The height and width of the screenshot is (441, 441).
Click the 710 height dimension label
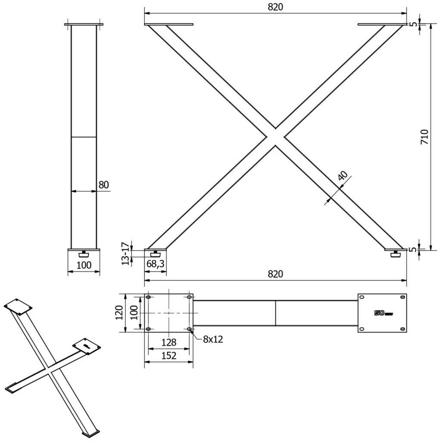[x=424, y=137]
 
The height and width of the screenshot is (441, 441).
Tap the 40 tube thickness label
[x=343, y=176]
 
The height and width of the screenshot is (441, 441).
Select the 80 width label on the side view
[x=104, y=185]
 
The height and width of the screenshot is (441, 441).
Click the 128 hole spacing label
[x=169, y=342]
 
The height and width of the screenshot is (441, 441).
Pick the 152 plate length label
[x=169, y=355]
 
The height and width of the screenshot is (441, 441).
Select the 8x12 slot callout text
[x=213, y=339]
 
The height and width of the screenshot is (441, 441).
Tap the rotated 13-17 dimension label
[x=125, y=254]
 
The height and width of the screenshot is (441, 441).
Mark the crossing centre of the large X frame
[x=276, y=137]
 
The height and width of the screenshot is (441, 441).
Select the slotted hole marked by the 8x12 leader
[x=190, y=329]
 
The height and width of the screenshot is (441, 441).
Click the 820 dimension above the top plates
[x=276, y=7]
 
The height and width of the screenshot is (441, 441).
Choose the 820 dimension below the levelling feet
[x=276, y=274]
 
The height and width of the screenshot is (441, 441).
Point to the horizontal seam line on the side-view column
[x=84, y=137]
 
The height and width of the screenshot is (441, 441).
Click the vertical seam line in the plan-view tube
[x=276, y=313]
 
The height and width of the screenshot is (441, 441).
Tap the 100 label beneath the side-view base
[x=84, y=265]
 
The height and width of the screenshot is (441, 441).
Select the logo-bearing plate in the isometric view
[x=87, y=346]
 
